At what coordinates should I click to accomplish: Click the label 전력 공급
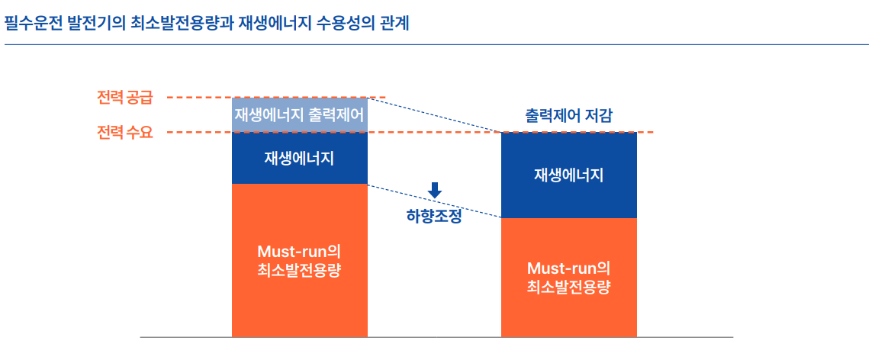pyautogui.click(x=124, y=98)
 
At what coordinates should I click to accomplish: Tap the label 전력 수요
pyautogui.click(x=124, y=133)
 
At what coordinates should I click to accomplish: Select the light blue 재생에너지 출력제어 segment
pyautogui.click(x=300, y=115)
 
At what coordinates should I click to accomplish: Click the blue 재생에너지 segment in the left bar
pyautogui.click(x=300, y=158)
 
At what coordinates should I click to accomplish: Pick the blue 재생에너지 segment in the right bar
pyautogui.click(x=569, y=175)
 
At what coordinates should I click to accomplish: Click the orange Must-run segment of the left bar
pyautogui.click(x=300, y=260)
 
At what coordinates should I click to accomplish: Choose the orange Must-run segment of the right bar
pyautogui.click(x=569, y=278)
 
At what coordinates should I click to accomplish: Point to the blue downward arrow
pyautogui.click(x=435, y=191)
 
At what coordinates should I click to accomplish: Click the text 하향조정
pyautogui.click(x=434, y=217)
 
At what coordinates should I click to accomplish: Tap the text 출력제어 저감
pyautogui.click(x=568, y=115)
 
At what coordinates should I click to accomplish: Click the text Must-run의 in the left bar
pyautogui.click(x=299, y=252)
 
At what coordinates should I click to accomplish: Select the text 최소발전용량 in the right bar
pyautogui.click(x=568, y=288)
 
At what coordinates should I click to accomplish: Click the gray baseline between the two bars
pyautogui.click(x=435, y=337)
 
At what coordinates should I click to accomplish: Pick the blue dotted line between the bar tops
pyautogui.click(x=435, y=115)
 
